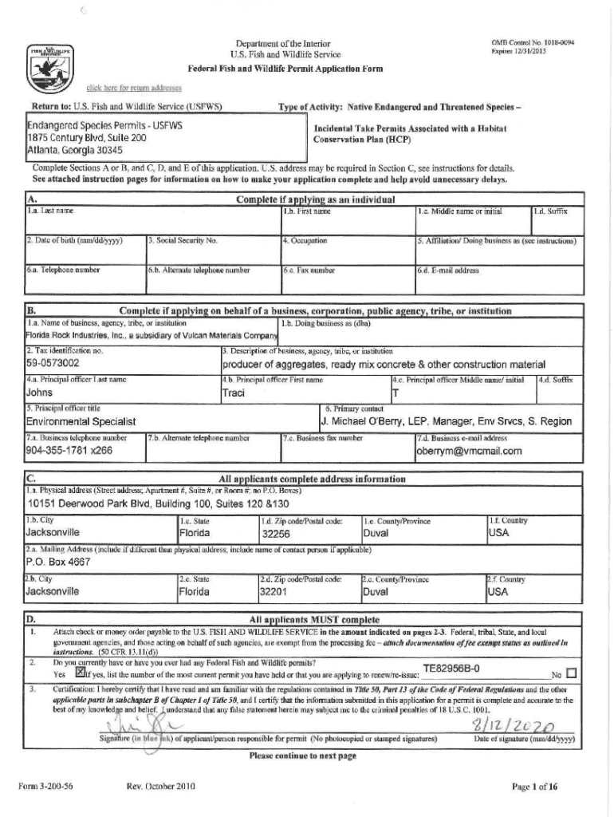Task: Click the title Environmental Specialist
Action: (x=81, y=421)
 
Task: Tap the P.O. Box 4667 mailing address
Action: (x=60, y=562)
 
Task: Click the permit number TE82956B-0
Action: (x=451, y=669)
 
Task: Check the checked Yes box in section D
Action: (x=79, y=673)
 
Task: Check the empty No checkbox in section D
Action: (x=570, y=673)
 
